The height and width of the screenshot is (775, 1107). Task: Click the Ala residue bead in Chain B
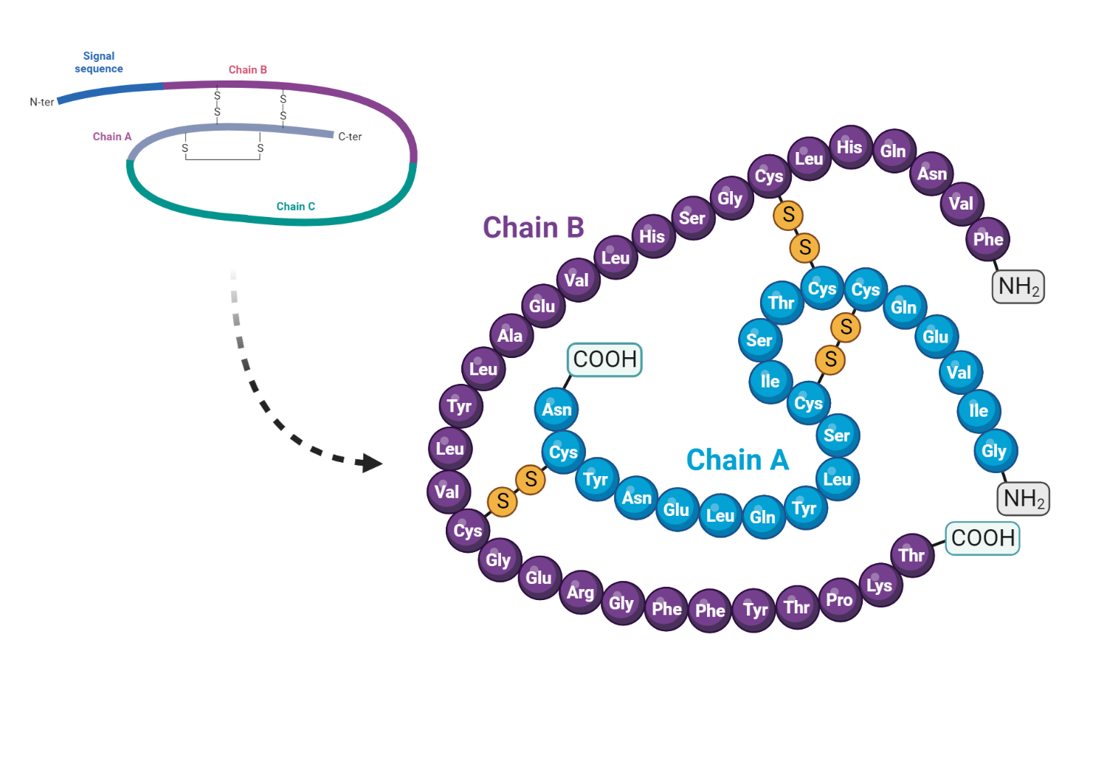[x=511, y=336]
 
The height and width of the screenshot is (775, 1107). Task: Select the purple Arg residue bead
[x=581, y=592]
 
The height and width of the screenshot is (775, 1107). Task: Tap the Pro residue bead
[x=840, y=599]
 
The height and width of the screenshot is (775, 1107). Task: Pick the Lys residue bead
[x=880, y=585]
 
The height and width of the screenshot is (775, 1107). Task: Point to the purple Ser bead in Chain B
[x=692, y=218]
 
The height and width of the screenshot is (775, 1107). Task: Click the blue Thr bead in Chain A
[x=782, y=303]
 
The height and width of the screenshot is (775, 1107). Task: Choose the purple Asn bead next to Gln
[x=932, y=174]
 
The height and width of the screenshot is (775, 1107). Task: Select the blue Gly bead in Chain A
[x=994, y=451]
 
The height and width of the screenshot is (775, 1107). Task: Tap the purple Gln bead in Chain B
[x=893, y=151]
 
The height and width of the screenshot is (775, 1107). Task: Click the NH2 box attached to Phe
[x=1018, y=286]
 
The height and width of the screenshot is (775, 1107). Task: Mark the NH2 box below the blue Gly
[x=1024, y=499]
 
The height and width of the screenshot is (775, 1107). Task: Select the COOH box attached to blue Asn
[x=604, y=359]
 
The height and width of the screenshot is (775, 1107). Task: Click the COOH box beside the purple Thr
[x=982, y=538]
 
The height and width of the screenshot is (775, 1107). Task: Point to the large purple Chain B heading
[x=533, y=227]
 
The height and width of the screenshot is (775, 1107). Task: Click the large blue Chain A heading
[x=737, y=460]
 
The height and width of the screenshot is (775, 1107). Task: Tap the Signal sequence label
[x=99, y=62]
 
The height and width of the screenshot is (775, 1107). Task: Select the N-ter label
[x=41, y=102]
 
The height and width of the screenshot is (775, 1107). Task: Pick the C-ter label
[x=350, y=137]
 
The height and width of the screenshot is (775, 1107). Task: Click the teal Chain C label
[x=295, y=207]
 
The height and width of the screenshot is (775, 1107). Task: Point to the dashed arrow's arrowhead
[x=371, y=464]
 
